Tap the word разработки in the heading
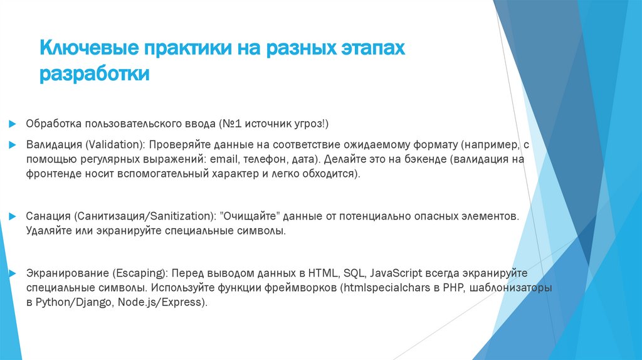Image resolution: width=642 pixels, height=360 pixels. tap(95, 73)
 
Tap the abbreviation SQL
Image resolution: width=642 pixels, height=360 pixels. tap(354, 274)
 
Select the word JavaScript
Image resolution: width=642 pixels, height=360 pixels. tap(397, 274)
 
